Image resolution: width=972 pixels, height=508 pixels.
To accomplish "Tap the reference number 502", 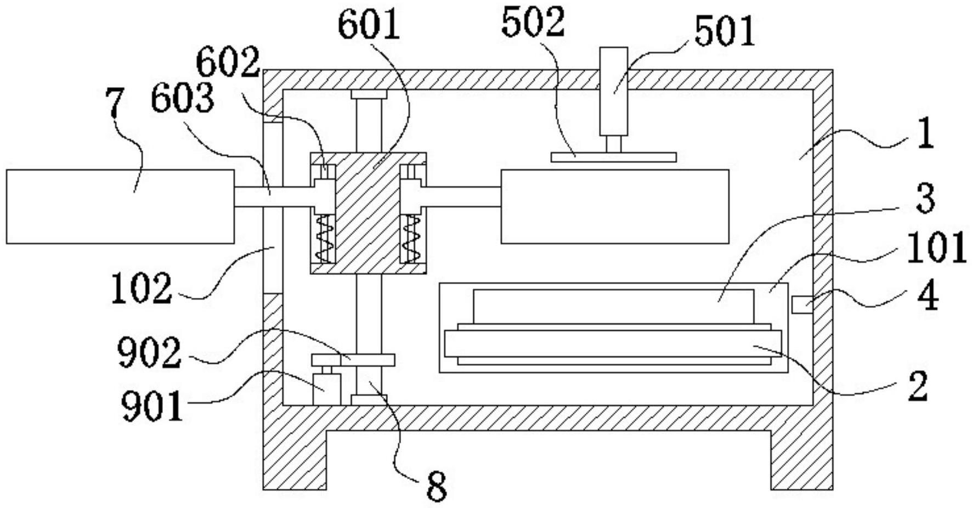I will click(x=533, y=22).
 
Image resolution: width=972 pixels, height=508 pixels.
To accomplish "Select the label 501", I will click(x=725, y=31).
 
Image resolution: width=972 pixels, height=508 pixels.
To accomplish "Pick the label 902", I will click(x=149, y=352).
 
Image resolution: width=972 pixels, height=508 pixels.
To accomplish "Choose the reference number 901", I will click(x=151, y=407).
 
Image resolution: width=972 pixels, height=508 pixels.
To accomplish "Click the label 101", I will click(x=936, y=247).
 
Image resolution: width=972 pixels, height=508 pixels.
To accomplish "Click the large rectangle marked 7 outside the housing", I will click(x=120, y=206).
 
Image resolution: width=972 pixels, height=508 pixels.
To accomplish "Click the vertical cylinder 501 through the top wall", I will click(x=613, y=91).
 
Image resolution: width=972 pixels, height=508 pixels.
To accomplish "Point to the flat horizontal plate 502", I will click(x=613, y=157).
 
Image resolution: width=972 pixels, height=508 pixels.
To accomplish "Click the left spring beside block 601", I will click(x=325, y=239).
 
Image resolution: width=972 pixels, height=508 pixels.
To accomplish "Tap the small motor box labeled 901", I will click(x=326, y=389).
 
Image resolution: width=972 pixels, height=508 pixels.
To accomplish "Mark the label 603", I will click(x=182, y=99).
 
